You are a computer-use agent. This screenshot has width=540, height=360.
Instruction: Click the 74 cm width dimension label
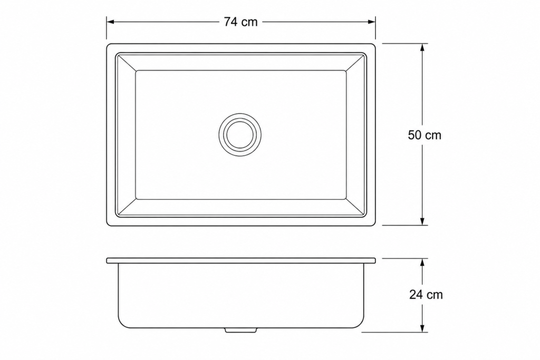pos(240,22)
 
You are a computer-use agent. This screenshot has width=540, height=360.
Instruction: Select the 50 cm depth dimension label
pos(425,135)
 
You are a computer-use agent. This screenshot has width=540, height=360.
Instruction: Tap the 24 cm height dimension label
pos(426,295)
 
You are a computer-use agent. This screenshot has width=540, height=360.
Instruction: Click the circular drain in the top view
pos(240,134)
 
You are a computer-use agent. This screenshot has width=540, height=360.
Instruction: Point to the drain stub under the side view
pos(240,330)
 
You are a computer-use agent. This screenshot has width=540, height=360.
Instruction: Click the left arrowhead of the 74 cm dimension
pos(110,22)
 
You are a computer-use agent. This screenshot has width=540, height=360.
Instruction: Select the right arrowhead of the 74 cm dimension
pos(372,22)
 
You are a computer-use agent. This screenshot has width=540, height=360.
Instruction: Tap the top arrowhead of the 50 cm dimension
pos(422,47)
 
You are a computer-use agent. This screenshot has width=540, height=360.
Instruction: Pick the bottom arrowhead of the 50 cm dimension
pos(422,221)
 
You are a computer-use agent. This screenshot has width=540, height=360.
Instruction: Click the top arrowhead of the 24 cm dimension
pos(422,262)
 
